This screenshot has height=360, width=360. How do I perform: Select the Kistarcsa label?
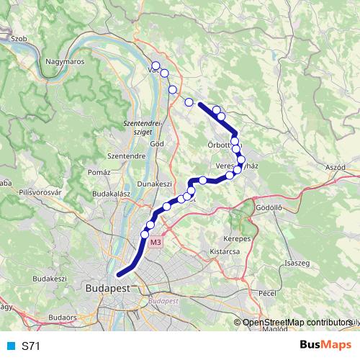(x=223, y=252)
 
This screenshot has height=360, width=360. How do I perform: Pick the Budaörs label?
(x=62, y=316)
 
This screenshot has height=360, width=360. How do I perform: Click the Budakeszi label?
(x=50, y=278)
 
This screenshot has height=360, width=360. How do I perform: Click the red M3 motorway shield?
(x=156, y=243)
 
